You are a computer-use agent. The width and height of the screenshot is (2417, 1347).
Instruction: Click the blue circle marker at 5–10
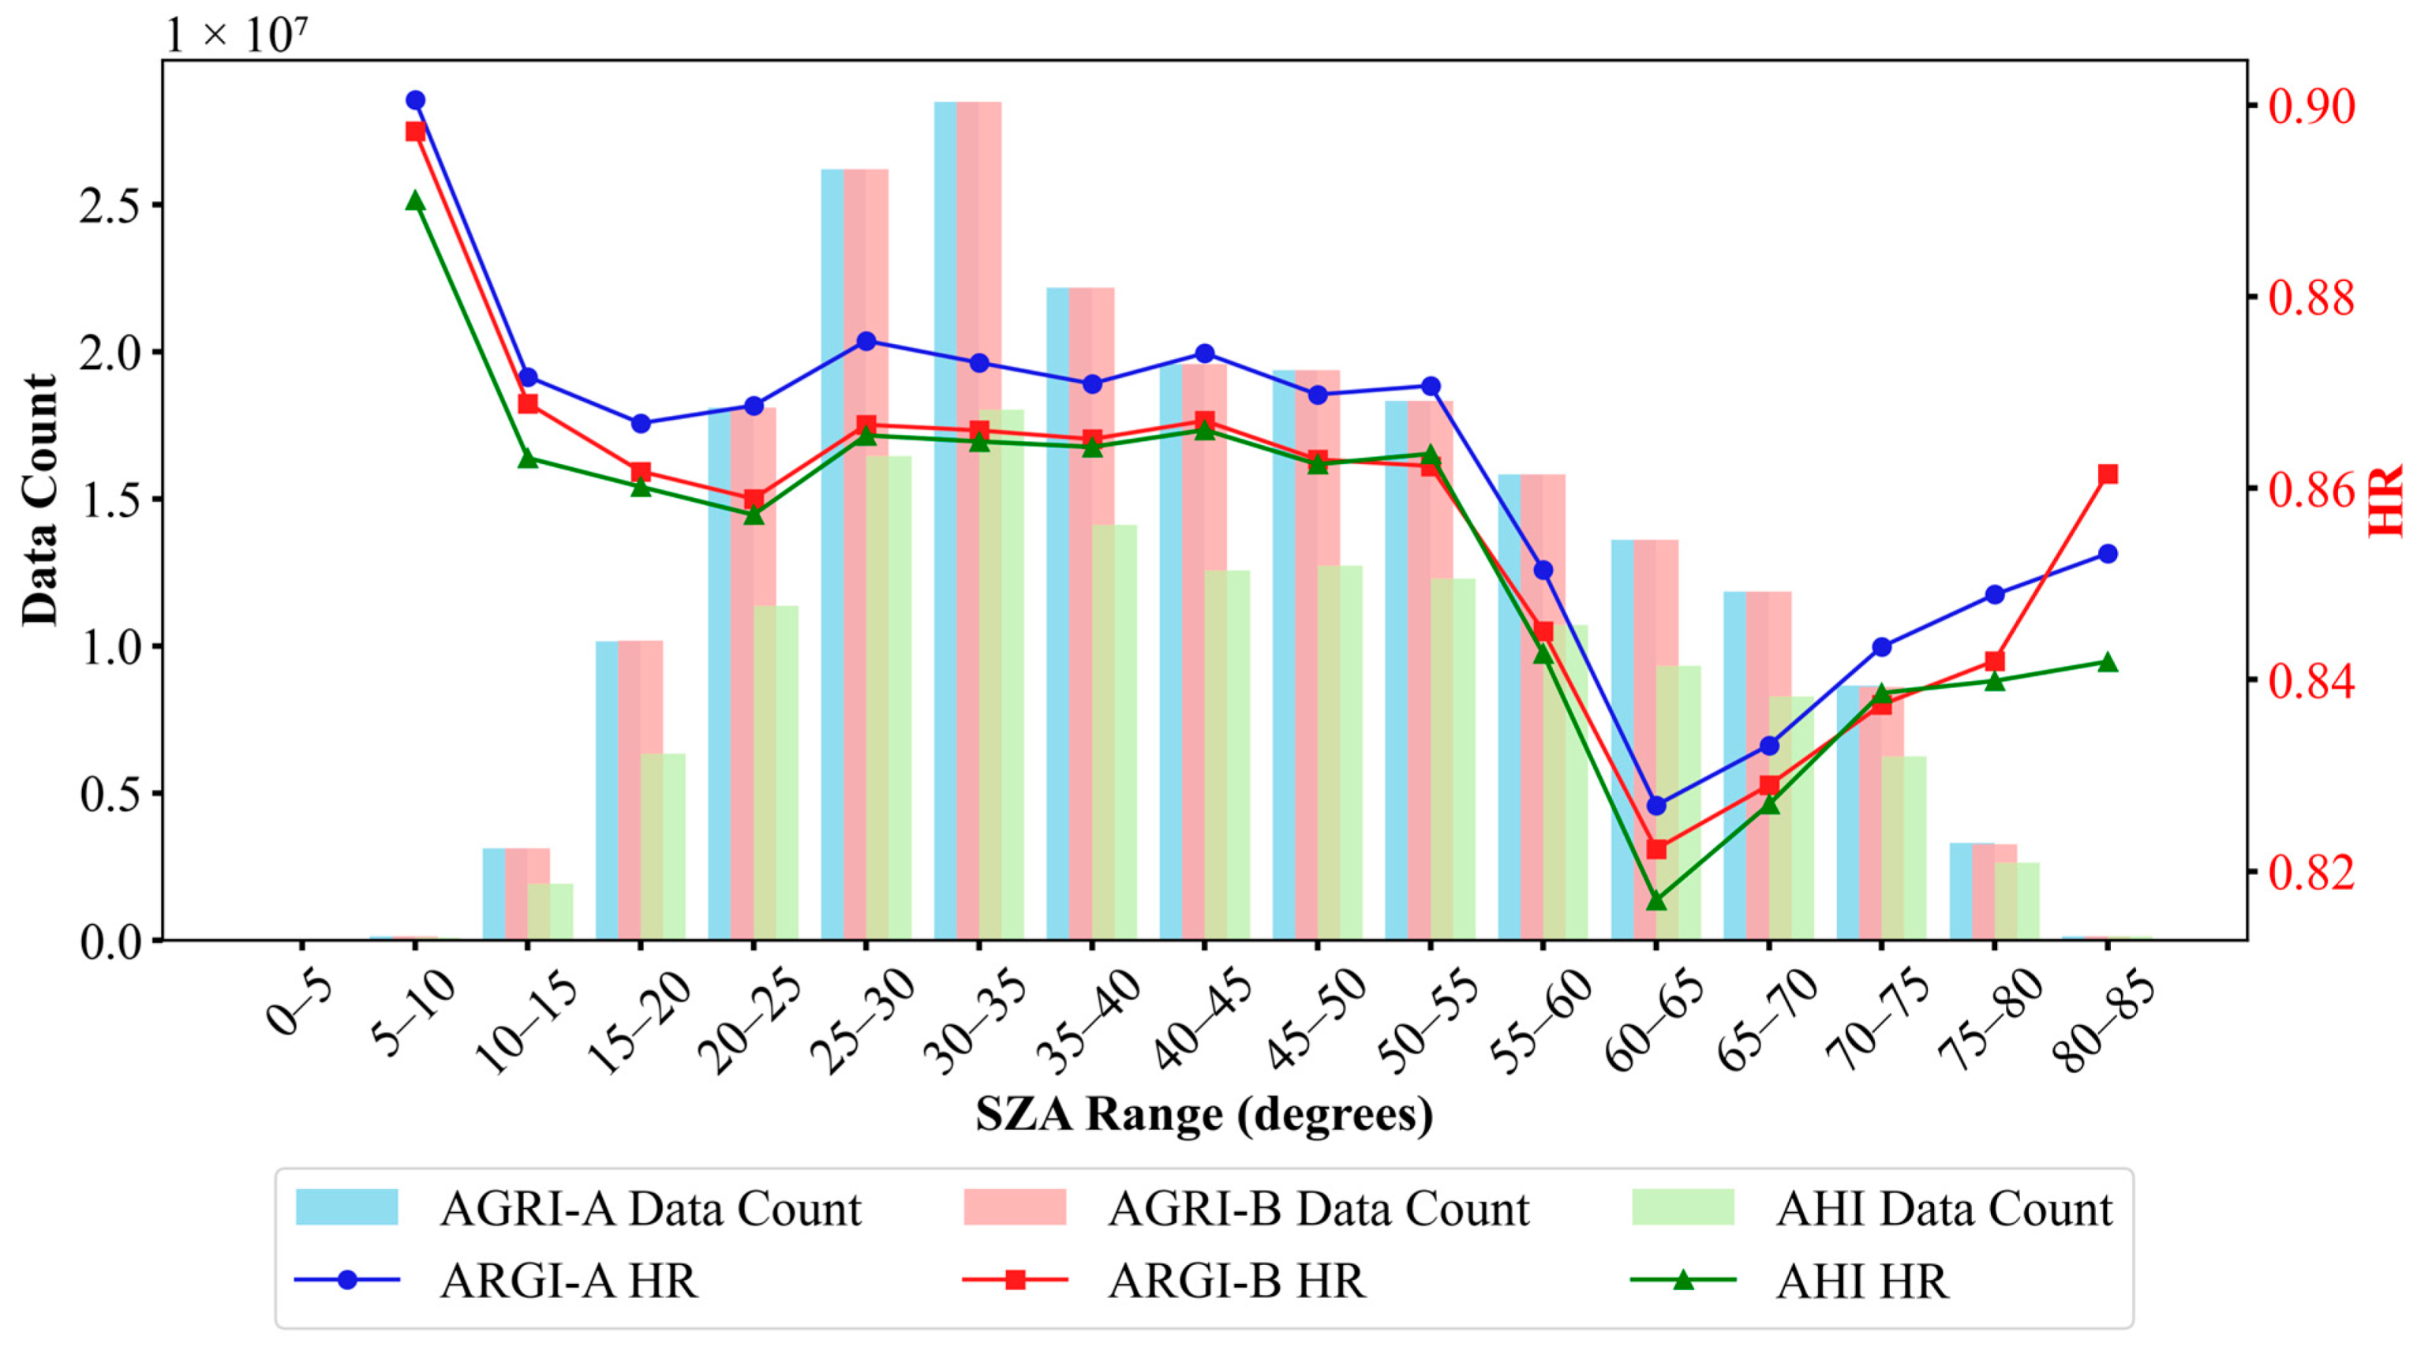tap(416, 100)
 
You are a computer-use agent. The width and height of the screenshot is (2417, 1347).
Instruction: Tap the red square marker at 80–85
tap(2108, 473)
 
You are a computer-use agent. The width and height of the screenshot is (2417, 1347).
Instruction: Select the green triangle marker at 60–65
tap(1656, 900)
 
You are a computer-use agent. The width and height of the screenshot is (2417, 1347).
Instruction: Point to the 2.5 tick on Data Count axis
tap(110, 205)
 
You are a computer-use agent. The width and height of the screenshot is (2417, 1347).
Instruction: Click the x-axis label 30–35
tap(971, 1023)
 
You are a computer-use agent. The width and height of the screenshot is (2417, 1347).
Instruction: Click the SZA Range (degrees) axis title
tap(1204, 1113)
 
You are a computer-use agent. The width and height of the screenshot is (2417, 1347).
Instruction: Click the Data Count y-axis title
tap(39, 500)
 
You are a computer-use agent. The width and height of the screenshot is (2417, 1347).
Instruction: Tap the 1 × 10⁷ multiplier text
tap(237, 35)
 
